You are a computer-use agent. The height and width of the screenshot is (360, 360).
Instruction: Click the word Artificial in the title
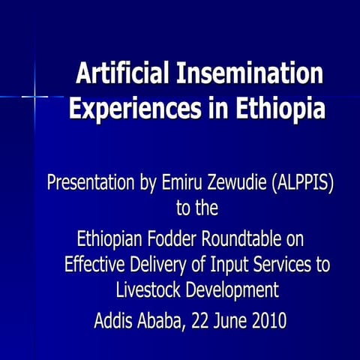pos(124,76)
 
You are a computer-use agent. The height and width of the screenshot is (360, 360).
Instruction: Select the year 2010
pos(266,322)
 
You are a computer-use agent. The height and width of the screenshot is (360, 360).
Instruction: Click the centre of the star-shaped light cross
pos(34,96)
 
